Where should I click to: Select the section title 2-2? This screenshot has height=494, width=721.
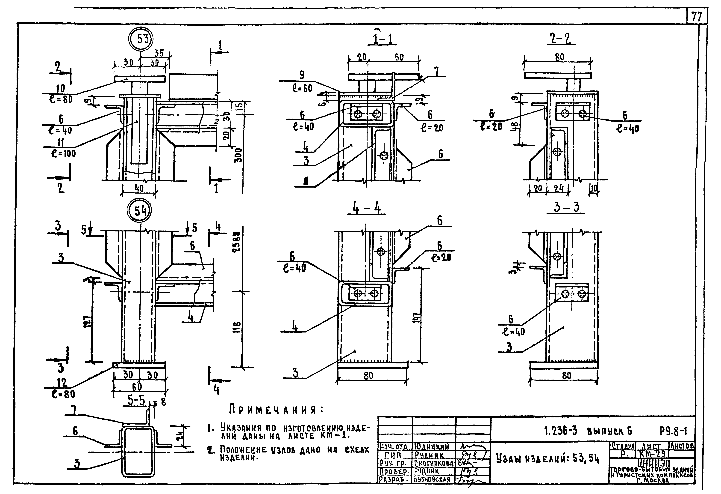click(x=561, y=39)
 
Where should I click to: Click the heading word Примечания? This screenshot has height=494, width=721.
click(x=276, y=410)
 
